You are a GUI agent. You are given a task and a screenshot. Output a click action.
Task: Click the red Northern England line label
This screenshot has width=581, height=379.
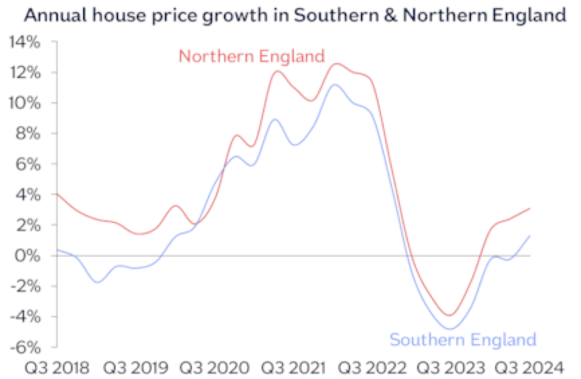[252, 56]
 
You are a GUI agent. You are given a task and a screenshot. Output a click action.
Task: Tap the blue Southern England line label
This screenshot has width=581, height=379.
[464, 339]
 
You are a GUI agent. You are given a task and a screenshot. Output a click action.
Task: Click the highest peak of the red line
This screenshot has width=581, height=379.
[337, 64]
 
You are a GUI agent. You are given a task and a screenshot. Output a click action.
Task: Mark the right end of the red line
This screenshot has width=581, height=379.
[530, 208]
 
